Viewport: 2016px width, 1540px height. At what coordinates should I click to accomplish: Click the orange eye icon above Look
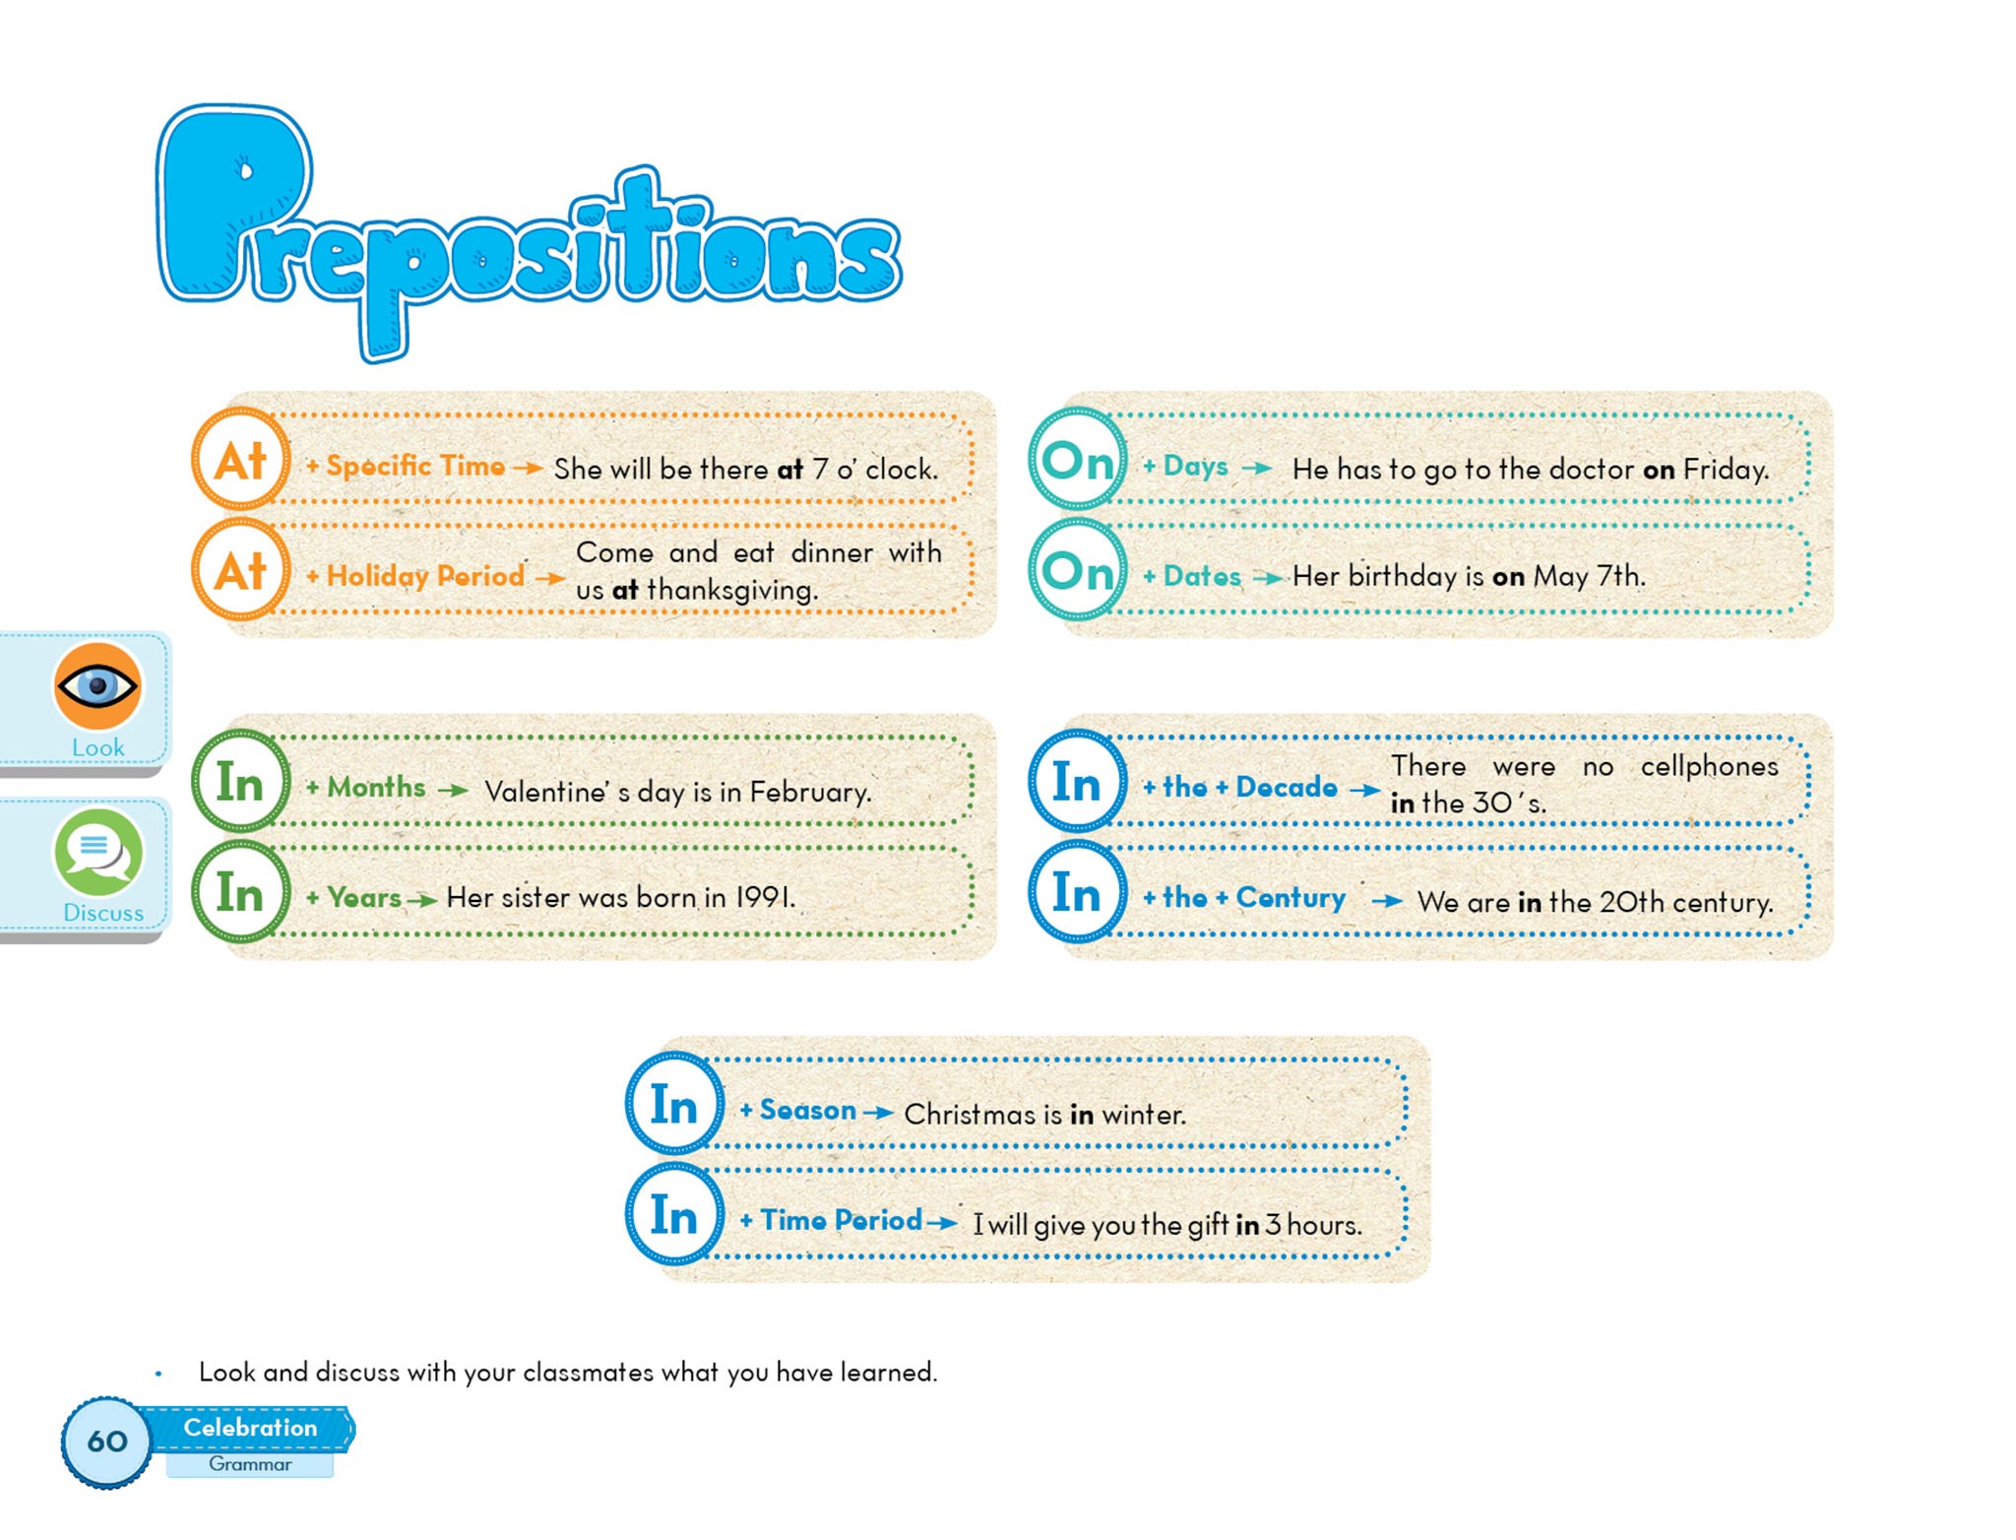[x=97, y=685]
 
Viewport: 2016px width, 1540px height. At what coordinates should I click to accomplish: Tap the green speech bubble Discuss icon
[x=97, y=852]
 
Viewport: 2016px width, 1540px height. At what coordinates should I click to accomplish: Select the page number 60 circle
[x=106, y=1442]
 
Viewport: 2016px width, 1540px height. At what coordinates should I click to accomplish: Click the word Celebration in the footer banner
[x=250, y=1428]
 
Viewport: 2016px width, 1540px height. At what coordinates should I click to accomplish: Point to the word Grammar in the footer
[x=250, y=1464]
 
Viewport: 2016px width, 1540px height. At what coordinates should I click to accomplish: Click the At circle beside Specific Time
[x=240, y=460]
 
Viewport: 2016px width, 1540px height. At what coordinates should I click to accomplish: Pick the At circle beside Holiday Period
[x=240, y=571]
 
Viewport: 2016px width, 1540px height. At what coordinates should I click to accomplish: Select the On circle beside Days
[x=1078, y=460]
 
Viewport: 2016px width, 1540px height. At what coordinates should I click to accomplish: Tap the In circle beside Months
[x=240, y=783]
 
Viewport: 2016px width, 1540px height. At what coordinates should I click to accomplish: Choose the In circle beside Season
[x=674, y=1105]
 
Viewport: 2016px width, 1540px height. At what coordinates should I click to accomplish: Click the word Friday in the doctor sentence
[x=1725, y=470]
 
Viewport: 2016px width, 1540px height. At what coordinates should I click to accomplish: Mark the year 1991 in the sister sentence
[x=765, y=897]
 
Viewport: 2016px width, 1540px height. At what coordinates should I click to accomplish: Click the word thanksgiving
[x=731, y=590]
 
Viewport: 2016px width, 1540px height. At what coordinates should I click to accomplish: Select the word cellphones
[x=1709, y=766]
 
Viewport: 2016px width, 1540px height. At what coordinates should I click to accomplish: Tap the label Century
[x=1291, y=897]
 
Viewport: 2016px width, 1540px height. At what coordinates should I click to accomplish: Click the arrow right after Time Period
[x=942, y=1223]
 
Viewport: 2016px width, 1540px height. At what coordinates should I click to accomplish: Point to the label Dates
[x=1202, y=576]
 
